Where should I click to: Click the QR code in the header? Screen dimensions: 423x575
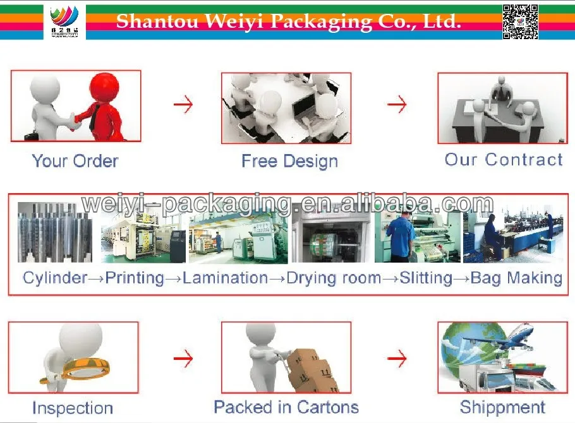pyautogui.click(x=520, y=21)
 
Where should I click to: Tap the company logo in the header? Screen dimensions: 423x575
pyautogui.click(x=64, y=21)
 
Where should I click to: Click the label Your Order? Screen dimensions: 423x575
pyautogui.click(x=75, y=161)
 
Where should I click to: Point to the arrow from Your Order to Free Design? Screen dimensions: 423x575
pyautogui.click(x=183, y=104)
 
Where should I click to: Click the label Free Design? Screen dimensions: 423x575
pyautogui.click(x=289, y=161)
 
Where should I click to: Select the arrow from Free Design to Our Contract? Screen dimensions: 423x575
pyautogui.click(x=397, y=104)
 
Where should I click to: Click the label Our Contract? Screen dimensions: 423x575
pyautogui.click(x=504, y=160)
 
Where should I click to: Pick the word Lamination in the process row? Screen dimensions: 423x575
pyautogui.click(x=226, y=278)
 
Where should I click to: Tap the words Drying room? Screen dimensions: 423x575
pyautogui.click(x=334, y=278)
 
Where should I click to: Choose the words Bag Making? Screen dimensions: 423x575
pyautogui.click(x=517, y=278)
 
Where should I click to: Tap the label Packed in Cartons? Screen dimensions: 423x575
pyautogui.click(x=286, y=407)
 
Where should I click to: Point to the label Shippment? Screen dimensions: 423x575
pyautogui.click(x=502, y=407)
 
